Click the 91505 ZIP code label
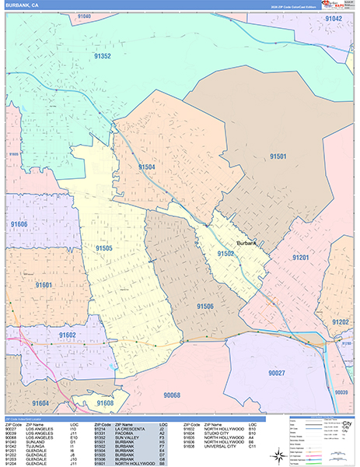click(104, 248)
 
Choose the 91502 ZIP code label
click(226, 254)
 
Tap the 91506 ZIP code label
click(205, 307)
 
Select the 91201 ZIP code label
click(301, 258)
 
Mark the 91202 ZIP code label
click(340, 321)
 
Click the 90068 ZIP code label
click(173, 396)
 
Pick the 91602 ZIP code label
click(66, 335)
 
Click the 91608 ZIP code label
click(104, 403)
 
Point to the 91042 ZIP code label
click(334, 18)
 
